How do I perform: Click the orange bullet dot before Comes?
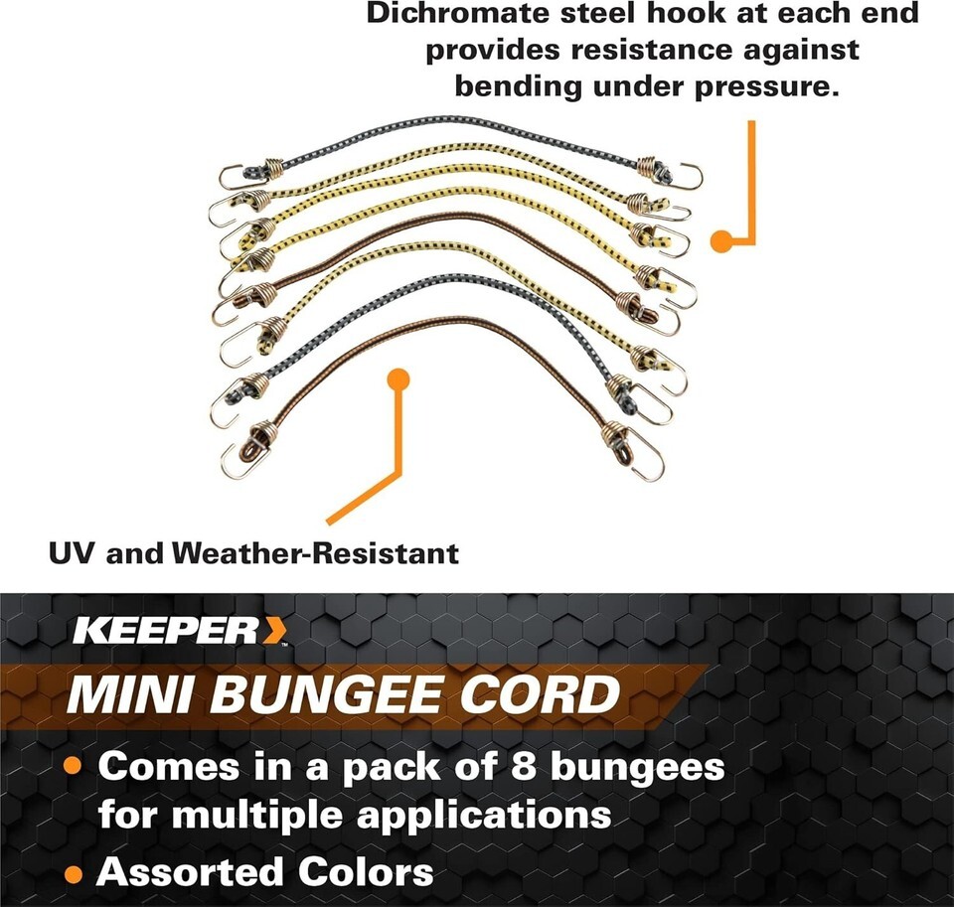[74, 767]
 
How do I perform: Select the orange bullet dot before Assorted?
[74, 874]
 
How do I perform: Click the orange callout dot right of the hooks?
[720, 239]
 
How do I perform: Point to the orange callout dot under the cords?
[398, 378]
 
